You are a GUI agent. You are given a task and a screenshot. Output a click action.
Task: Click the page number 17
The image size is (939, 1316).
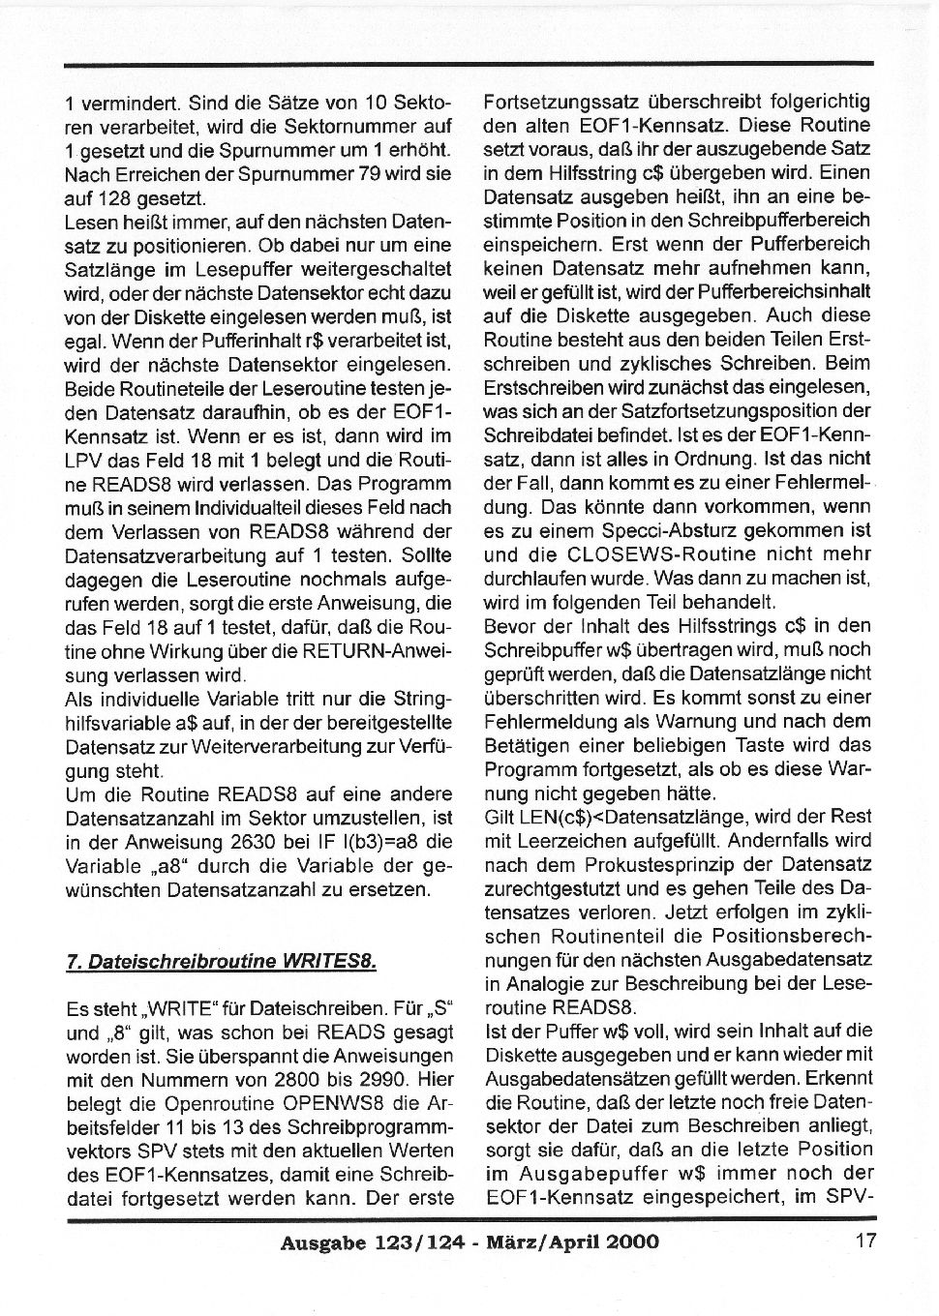(865, 1240)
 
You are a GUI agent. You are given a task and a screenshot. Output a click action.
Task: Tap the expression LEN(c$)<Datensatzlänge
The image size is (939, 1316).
(612, 817)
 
